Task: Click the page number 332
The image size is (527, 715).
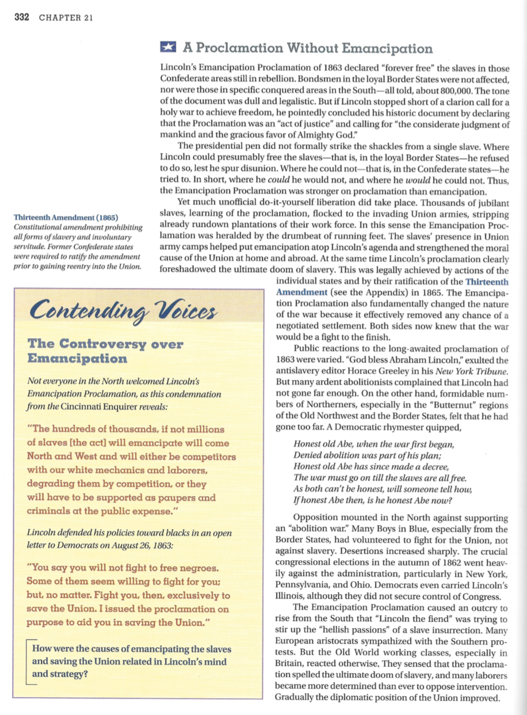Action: pyautogui.click(x=21, y=17)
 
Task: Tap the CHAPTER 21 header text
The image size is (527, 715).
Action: pyautogui.click(x=66, y=17)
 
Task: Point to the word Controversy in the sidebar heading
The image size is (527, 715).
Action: pyautogui.click(x=107, y=345)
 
